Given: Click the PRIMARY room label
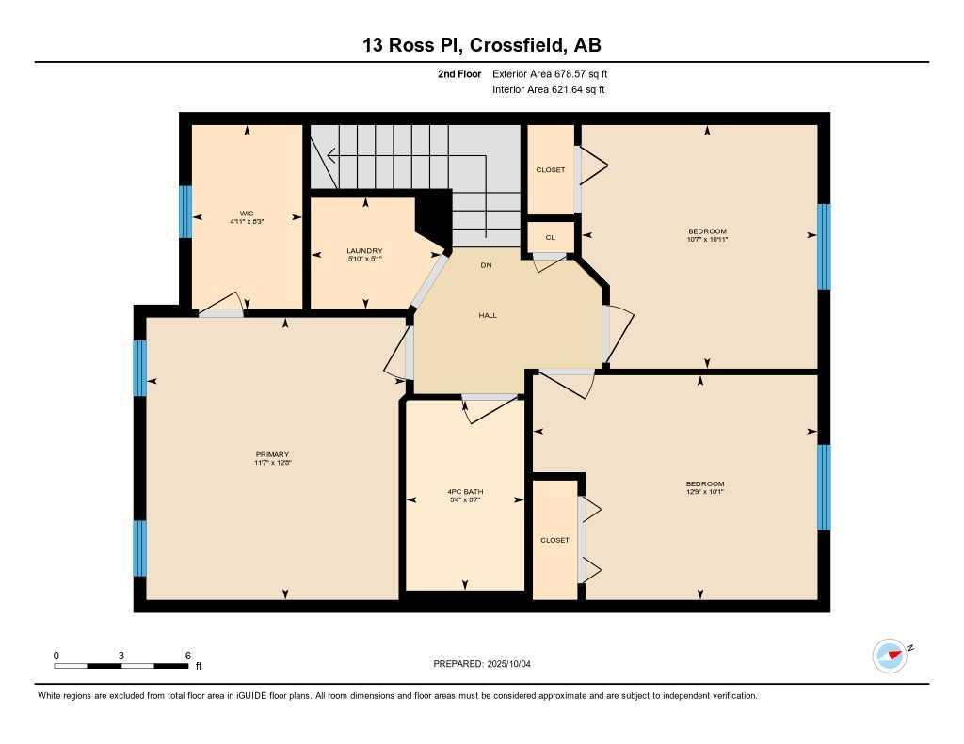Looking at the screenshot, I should tap(271, 454).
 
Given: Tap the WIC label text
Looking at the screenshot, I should tap(247, 214).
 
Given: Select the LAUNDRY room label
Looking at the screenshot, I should tap(364, 250).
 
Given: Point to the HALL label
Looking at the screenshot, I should tap(487, 315).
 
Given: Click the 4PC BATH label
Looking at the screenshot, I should tap(465, 492).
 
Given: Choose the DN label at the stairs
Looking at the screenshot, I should tap(486, 265).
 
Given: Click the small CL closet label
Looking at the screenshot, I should tap(551, 237).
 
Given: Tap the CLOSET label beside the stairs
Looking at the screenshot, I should tap(551, 170).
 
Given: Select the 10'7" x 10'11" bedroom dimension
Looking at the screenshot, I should tap(707, 240).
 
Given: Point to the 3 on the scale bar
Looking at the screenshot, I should tap(121, 656).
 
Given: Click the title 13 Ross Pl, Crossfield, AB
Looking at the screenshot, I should tap(481, 45).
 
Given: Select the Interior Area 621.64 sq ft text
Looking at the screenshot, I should tap(548, 90).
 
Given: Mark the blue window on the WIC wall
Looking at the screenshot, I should tap(185, 212).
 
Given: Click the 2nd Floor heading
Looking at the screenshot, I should tap(459, 73).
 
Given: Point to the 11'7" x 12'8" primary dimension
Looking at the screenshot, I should tap(271, 463).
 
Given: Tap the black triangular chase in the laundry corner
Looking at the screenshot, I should tap(431, 216).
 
